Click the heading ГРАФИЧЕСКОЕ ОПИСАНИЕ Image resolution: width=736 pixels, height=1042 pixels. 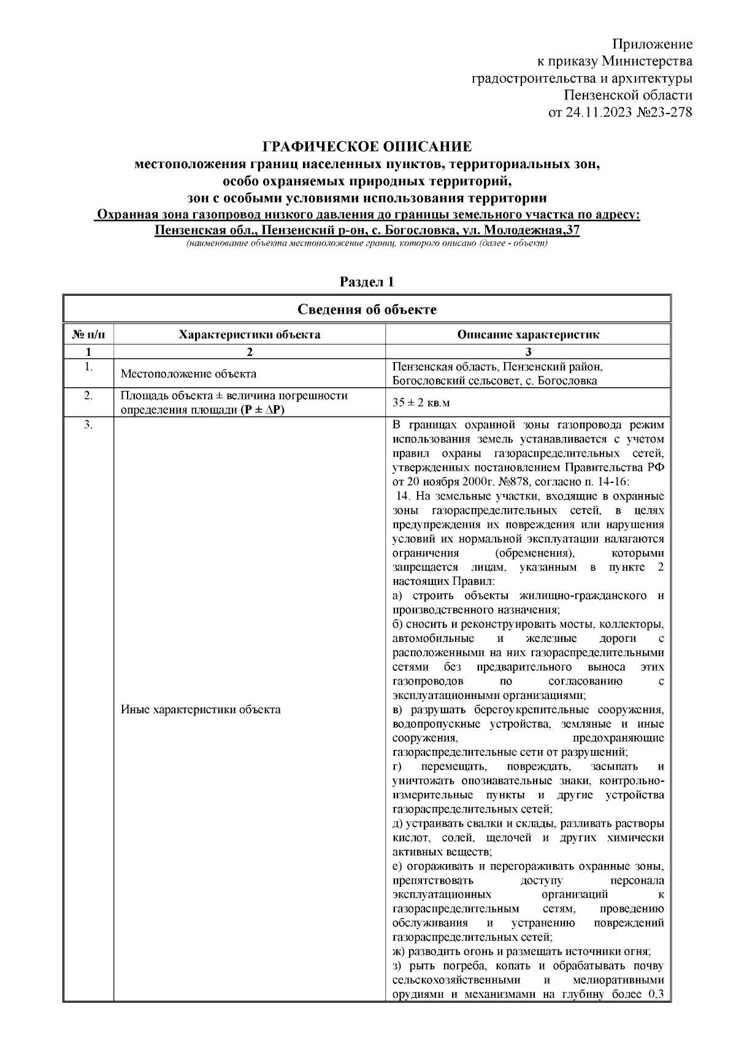tap(367, 147)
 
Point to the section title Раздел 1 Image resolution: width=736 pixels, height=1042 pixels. tap(367, 282)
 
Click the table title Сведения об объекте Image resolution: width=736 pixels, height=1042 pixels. tap(367, 309)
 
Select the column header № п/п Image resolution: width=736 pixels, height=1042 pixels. tap(88, 334)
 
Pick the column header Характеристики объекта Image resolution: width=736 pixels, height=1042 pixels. tap(249, 334)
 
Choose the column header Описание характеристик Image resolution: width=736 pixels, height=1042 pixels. tap(528, 334)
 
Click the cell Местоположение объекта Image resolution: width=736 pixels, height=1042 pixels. tap(188, 374)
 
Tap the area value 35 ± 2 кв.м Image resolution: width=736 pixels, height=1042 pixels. tap(424, 403)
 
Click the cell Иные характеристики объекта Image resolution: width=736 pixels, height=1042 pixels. tap(201, 709)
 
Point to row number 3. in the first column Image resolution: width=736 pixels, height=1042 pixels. tap(88, 426)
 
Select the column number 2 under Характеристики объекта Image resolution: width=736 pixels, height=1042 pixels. tap(249, 352)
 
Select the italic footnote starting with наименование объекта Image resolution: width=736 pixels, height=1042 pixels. tap(367, 244)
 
